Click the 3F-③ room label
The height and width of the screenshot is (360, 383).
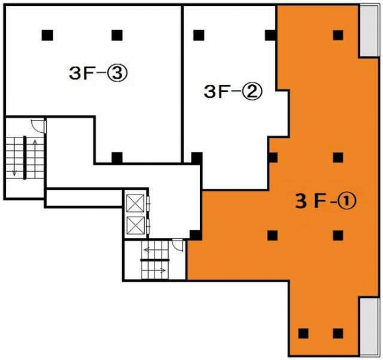pyautogui.click(x=97, y=73)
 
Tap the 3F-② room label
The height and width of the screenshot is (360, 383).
pyautogui.click(x=233, y=92)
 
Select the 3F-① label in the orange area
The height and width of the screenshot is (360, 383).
pyautogui.click(x=326, y=202)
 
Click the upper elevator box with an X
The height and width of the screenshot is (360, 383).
pyautogui.click(x=135, y=203)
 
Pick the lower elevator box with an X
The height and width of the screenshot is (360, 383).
pyautogui.click(x=135, y=225)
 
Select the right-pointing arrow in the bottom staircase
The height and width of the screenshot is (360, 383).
pyautogui.click(x=157, y=270)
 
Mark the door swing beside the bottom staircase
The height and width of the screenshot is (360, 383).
pyautogui.click(x=178, y=245)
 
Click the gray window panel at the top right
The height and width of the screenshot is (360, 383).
pyautogui.click(x=369, y=31)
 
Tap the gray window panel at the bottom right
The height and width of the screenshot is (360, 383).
pyautogui.click(x=369, y=326)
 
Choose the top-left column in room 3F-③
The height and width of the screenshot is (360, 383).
pyautogui.click(x=47, y=35)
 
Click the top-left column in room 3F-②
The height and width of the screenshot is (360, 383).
pyautogui.click(x=199, y=35)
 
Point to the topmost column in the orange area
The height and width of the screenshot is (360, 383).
pyautogui.click(x=338, y=35)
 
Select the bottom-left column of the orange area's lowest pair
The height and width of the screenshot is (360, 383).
pyautogui.click(x=303, y=333)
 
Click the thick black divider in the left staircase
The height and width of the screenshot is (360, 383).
pyautogui.click(x=25, y=158)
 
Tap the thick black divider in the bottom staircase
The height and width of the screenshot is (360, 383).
pyautogui.click(x=155, y=260)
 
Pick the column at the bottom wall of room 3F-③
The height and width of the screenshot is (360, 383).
pyautogui.click(x=117, y=158)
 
